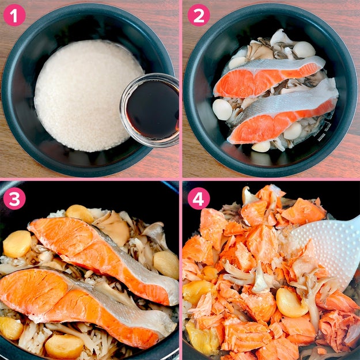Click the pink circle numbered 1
coord(14,15)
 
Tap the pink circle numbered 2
coord(199,15)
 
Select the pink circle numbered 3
coord(14,198)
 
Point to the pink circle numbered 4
coord(199,198)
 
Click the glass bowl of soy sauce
coord(150,110)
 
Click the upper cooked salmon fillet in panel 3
coord(103,257)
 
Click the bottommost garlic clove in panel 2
coord(262,146)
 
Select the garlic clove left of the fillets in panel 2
coord(222,109)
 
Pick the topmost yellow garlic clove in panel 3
coord(79,214)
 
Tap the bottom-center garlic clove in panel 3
coord(65,346)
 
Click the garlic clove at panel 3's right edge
coord(166,264)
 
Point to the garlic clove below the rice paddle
coord(291,302)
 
